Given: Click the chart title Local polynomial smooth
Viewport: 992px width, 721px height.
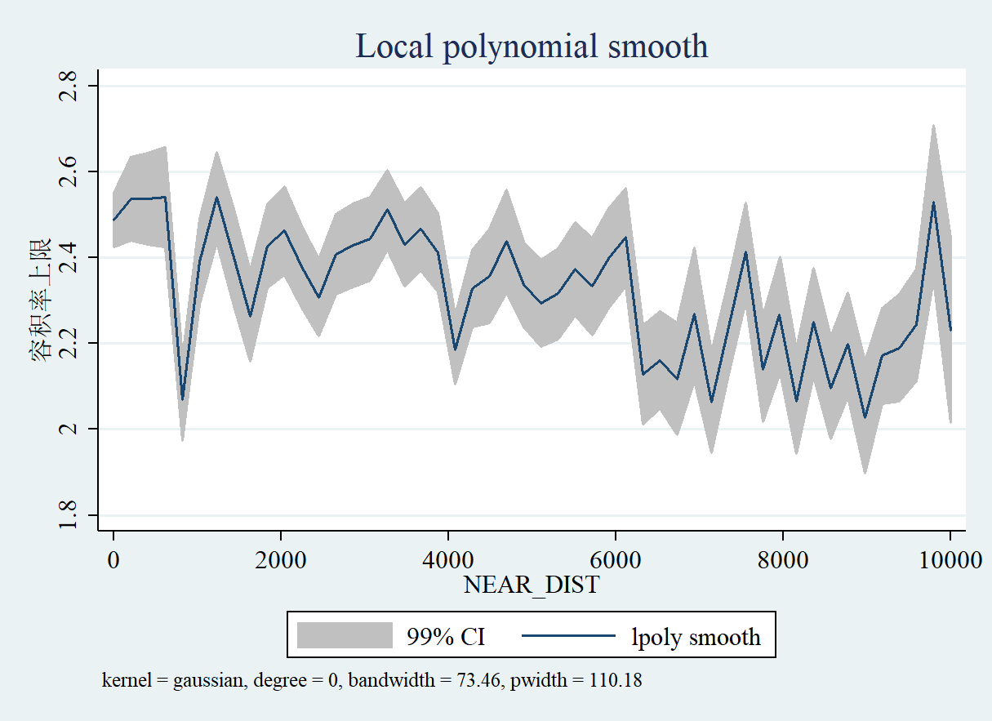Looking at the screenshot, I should pyautogui.click(x=532, y=47).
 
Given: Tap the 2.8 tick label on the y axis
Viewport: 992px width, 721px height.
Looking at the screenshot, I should pyautogui.click(x=69, y=86).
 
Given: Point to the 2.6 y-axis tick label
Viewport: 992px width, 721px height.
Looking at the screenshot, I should pyautogui.click(x=69, y=171).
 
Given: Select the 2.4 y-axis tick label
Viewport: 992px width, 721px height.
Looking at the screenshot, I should pyautogui.click(x=69, y=257).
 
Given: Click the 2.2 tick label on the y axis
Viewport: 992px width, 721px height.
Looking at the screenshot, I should pyautogui.click(x=69, y=343).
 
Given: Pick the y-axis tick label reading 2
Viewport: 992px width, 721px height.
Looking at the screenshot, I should pyautogui.click(x=69, y=429).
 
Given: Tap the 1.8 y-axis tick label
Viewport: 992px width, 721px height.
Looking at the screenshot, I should pyautogui.click(x=69, y=514).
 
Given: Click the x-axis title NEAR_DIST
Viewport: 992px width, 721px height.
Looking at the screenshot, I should pyautogui.click(x=532, y=585).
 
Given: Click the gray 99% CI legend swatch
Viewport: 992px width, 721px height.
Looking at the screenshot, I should pyautogui.click(x=345, y=635).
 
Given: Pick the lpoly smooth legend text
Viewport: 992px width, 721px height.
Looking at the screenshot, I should pyautogui.click(x=696, y=636).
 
